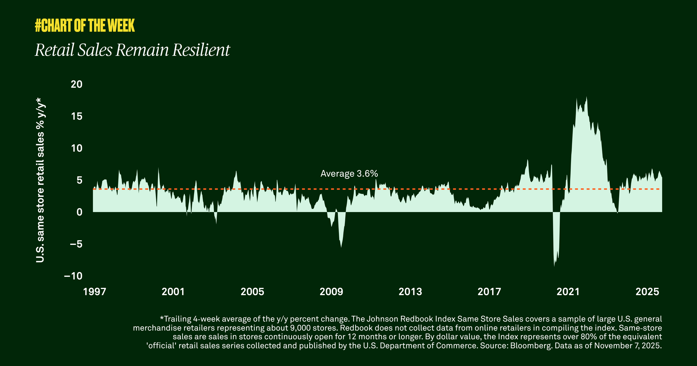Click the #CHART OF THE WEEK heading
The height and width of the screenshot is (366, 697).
(x=85, y=26)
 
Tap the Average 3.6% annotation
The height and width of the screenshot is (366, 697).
(x=349, y=174)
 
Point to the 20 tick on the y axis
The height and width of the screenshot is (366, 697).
(x=77, y=85)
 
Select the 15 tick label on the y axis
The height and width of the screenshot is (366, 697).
(x=77, y=116)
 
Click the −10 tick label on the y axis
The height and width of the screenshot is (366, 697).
(x=73, y=276)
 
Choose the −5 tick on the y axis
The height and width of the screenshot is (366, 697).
(x=76, y=244)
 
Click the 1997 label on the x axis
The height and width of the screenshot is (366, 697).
(x=94, y=292)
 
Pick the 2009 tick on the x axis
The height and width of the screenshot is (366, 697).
(x=331, y=292)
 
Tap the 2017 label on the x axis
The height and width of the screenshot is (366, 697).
(x=489, y=292)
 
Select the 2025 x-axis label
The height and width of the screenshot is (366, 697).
(x=647, y=292)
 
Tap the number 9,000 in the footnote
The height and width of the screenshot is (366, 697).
(x=300, y=328)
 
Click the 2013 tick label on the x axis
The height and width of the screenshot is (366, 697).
(x=410, y=292)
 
